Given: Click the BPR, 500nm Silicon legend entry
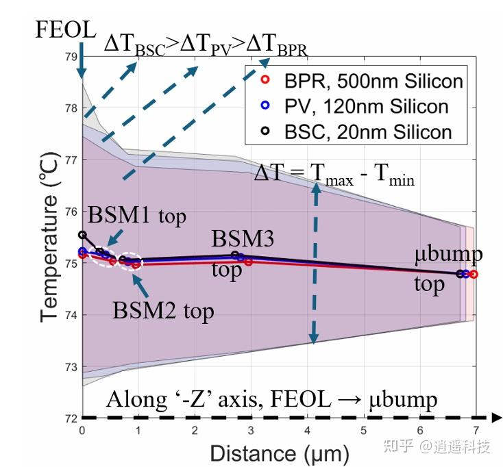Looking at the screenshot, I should point(363,81).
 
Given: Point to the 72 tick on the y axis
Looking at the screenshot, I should point(71,418).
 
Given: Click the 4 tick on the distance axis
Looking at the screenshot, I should point(308,429).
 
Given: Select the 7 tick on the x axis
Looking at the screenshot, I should point(476,429).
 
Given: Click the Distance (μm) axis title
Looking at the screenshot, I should point(279,453).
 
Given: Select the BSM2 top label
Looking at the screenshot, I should point(164,311).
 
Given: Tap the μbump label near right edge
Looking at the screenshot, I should point(449,255).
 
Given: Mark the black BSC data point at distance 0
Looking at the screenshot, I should point(83,235).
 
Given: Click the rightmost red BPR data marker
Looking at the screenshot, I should point(474,274).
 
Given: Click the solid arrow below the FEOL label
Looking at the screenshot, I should point(81,60).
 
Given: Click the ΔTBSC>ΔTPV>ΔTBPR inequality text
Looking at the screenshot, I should point(206,46).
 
